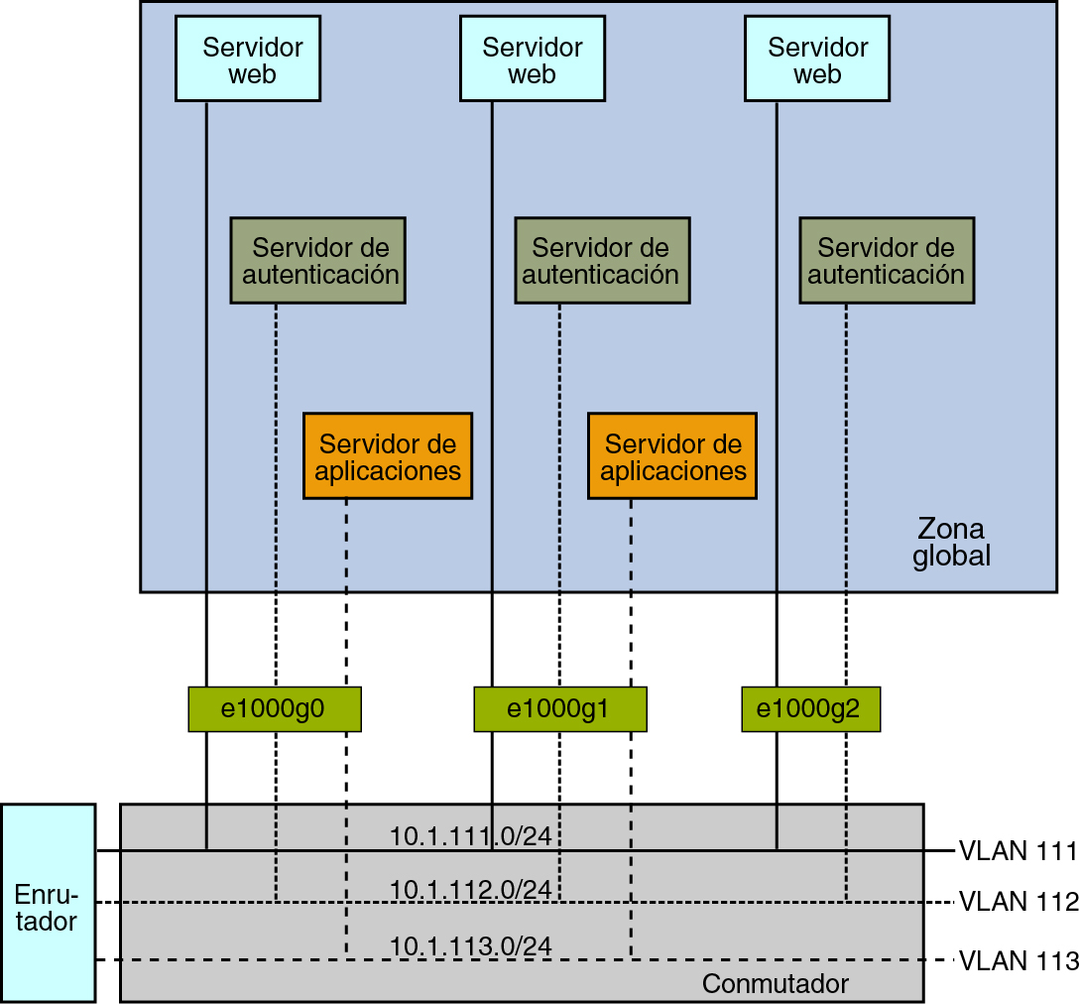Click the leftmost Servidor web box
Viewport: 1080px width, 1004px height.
[248, 59]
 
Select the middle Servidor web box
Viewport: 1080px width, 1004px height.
[533, 59]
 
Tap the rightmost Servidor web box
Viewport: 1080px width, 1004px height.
[817, 59]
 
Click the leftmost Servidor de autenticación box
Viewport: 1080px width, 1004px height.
[318, 261]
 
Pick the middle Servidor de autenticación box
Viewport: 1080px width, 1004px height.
[603, 261]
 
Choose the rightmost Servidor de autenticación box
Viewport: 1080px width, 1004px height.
[888, 261]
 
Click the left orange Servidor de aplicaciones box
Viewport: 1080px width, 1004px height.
[388, 456]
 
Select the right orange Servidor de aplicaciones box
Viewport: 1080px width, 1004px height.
[672, 456]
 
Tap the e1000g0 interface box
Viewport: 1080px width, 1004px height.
[275, 709]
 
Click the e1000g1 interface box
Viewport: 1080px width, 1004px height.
[560, 709]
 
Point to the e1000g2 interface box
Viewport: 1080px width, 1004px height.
[810, 709]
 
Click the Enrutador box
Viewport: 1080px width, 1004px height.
[49, 903]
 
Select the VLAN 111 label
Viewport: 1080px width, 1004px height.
[1018, 851]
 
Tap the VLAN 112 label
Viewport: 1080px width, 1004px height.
[1019, 902]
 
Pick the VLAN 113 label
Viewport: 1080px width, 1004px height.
[1019, 960]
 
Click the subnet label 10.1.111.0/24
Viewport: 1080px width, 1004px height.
[471, 836]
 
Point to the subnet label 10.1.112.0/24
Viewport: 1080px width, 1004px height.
[471, 890]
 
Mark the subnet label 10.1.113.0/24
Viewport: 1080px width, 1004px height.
[471, 946]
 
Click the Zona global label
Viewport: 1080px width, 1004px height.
[952, 543]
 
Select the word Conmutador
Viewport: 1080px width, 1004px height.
[776, 984]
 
